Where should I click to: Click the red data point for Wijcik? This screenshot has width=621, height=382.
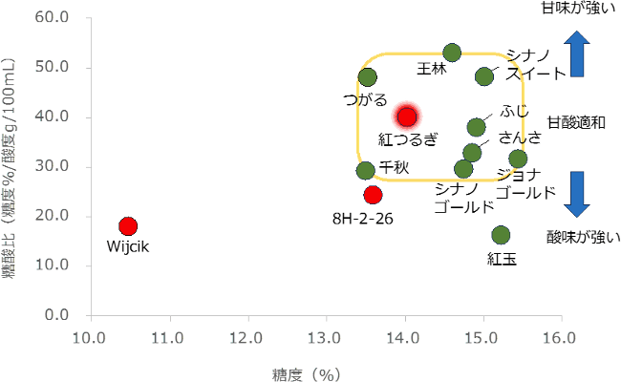[128, 226]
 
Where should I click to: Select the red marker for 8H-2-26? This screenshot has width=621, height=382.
[373, 195]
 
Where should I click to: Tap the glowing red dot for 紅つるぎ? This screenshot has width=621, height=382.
[407, 117]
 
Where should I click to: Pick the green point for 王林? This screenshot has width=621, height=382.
[452, 53]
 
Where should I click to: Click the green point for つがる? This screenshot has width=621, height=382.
[368, 77]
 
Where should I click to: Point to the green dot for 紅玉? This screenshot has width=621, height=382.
[501, 235]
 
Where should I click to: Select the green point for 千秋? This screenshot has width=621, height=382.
[365, 171]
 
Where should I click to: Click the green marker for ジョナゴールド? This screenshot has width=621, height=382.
[518, 159]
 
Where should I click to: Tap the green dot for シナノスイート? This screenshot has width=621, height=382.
[484, 76]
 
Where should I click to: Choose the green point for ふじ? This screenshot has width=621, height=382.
[476, 127]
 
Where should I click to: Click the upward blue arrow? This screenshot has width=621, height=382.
[577, 53]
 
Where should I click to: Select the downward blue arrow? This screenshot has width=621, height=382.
[577, 194]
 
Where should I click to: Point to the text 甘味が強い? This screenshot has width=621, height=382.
[576, 9]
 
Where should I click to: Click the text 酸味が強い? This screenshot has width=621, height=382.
[583, 237]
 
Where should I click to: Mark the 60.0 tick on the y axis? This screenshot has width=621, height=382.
[51, 18]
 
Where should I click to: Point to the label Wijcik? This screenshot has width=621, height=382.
[129, 247]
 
